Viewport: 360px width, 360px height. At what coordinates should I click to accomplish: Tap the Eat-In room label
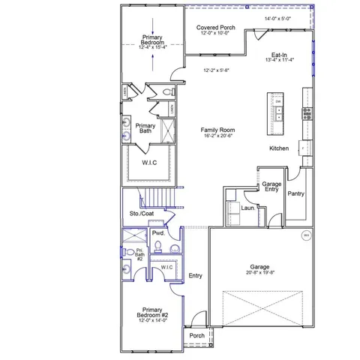(280, 55)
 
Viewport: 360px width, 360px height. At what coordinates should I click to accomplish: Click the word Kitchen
(279, 148)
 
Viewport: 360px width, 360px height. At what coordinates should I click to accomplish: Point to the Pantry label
(295, 193)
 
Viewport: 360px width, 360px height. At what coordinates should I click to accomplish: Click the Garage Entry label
(271, 187)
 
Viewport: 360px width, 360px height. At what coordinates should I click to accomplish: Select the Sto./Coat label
(141, 214)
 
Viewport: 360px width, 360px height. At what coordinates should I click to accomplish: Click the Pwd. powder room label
(158, 233)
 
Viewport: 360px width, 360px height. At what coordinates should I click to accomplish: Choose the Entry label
(196, 275)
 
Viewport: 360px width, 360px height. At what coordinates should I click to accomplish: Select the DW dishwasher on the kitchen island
(278, 101)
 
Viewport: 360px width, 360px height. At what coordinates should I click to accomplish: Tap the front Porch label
(196, 335)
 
